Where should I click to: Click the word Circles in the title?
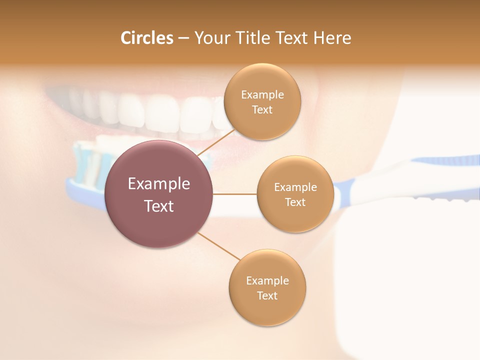coord(146,38)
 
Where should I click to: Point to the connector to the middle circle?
coord(234,194)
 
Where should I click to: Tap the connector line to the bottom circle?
coord(218,245)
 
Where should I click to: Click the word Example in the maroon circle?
coord(159,184)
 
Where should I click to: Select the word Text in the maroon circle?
coord(159,206)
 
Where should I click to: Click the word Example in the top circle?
coord(262,95)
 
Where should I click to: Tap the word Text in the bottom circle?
coord(267,295)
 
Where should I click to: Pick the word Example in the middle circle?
coord(295,187)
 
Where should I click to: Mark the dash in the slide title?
coord(183,38)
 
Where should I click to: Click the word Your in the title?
coord(210,38)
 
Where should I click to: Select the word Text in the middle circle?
coord(295,202)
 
